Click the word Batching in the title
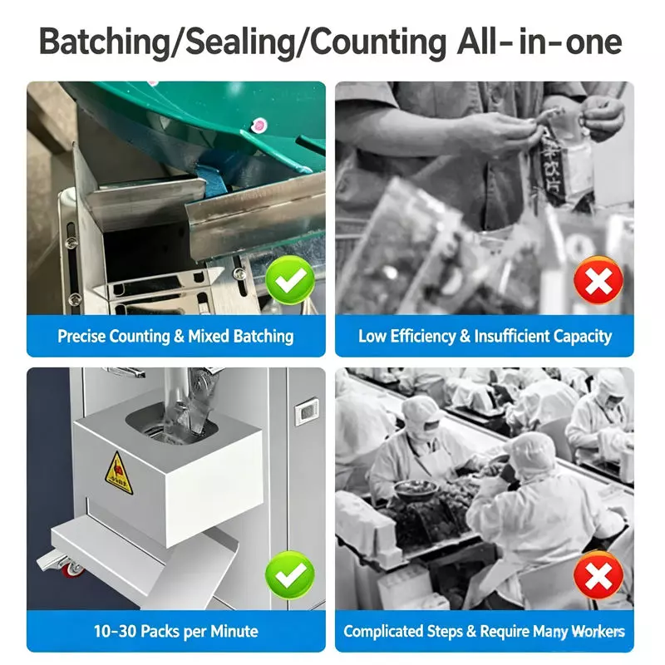pyautogui.click(x=104, y=42)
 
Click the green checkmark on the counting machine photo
pyautogui.click(x=290, y=280)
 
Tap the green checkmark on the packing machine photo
pyautogui.click(x=290, y=575)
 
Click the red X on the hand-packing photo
pyautogui.click(x=598, y=280)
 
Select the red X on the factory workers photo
pyautogui.click(x=598, y=575)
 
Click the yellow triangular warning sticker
pyautogui.click(x=119, y=474)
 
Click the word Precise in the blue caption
pyautogui.click(x=81, y=337)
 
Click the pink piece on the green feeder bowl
pyautogui.click(x=259, y=126)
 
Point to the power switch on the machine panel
pyautogui.click(x=306, y=410)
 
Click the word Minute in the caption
pyautogui.click(x=234, y=632)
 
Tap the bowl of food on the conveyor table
pyautogui.click(x=415, y=489)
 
